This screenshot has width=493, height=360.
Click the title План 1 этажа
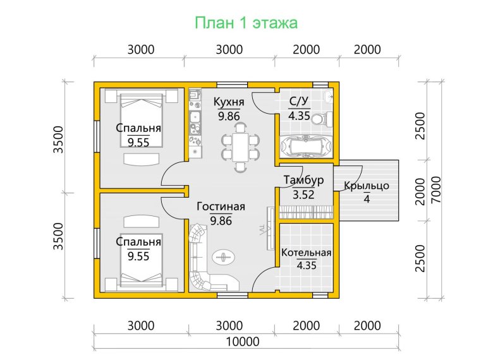pos(246,23)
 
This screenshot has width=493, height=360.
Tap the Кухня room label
pos(229,102)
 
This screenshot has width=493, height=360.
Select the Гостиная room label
pos(221,207)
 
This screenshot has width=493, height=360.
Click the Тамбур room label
pos(303,180)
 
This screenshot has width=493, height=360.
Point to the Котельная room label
pos(307,253)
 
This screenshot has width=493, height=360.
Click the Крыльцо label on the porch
pos(367,186)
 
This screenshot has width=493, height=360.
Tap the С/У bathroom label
pos(299,102)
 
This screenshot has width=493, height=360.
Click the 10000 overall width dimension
pos(243,342)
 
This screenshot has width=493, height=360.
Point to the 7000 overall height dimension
pos(436,189)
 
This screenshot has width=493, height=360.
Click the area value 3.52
pos(303,195)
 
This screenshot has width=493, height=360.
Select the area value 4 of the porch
pos(367,199)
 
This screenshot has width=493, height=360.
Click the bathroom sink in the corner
pos(328,95)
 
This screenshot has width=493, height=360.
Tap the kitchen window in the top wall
pos(232,85)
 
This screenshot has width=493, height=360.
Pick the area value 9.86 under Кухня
pos(229,116)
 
